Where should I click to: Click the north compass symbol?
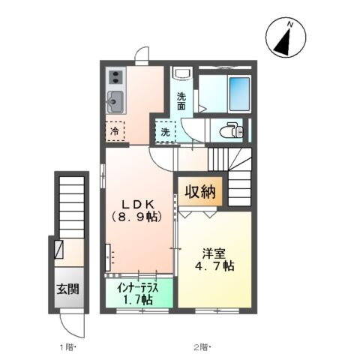coord(285,39)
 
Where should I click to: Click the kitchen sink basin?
coord(115,100)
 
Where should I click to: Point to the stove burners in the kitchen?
coord(116,76)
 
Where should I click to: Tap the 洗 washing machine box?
coord(165,132)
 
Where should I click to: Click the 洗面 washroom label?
coord(181,100)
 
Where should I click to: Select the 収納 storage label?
coord(200,190)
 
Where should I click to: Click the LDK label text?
coord(137,203)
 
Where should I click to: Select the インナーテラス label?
coord(137,286)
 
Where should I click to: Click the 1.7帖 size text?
coord(137,299)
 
